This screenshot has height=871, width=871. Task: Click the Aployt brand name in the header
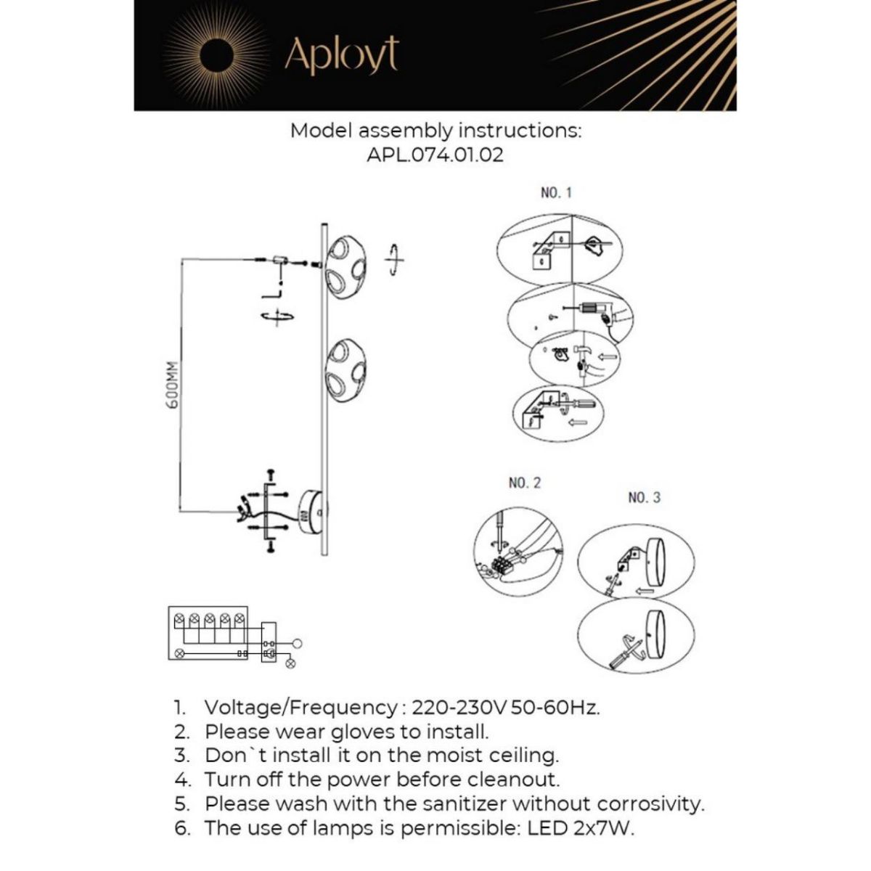(341, 54)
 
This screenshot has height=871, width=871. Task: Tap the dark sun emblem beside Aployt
(215, 54)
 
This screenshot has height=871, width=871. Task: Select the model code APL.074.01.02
(435, 155)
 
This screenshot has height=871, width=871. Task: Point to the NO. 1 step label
(557, 193)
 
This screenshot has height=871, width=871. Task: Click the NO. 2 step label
(525, 483)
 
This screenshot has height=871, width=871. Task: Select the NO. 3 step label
(644, 498)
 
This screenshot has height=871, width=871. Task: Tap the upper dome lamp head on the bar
(346, 263)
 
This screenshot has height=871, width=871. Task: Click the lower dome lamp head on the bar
(346, 370)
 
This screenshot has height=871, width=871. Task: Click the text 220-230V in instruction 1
(459, 708)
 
